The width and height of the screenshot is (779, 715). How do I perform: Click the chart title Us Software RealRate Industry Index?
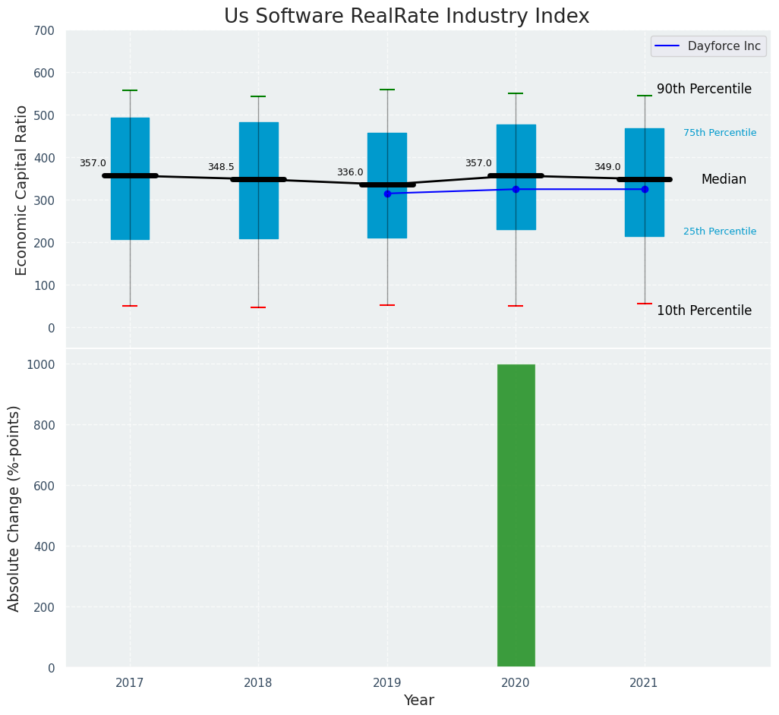[406, 17]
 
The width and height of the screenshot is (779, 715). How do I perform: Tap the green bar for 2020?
[516, 515]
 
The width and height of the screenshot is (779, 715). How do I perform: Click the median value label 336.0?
[350, 173]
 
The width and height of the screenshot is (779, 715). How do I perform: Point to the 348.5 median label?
[221, 168]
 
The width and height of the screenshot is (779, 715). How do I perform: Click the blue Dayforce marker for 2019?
[387, 194]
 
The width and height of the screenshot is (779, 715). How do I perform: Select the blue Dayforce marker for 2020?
[516, 189]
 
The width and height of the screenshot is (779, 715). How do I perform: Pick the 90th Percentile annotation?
[704, 90]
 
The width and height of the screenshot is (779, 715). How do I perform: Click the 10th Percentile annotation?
[704, 311]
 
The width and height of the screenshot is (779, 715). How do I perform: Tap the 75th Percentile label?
[719, 133]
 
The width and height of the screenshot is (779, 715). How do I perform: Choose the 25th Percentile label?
[719, 232]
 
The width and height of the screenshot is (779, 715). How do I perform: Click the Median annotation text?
[724, 180]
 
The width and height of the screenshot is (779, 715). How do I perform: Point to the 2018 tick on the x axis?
[258, 683]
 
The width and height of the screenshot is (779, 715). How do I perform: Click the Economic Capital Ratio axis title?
[22, 190]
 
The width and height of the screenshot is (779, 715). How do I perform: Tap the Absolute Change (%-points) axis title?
[14, 508]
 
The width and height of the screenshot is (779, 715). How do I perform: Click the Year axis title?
[418, 701]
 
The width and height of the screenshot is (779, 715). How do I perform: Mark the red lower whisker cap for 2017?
[130, 306]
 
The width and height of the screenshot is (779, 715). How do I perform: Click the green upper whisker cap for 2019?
[387, 90]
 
